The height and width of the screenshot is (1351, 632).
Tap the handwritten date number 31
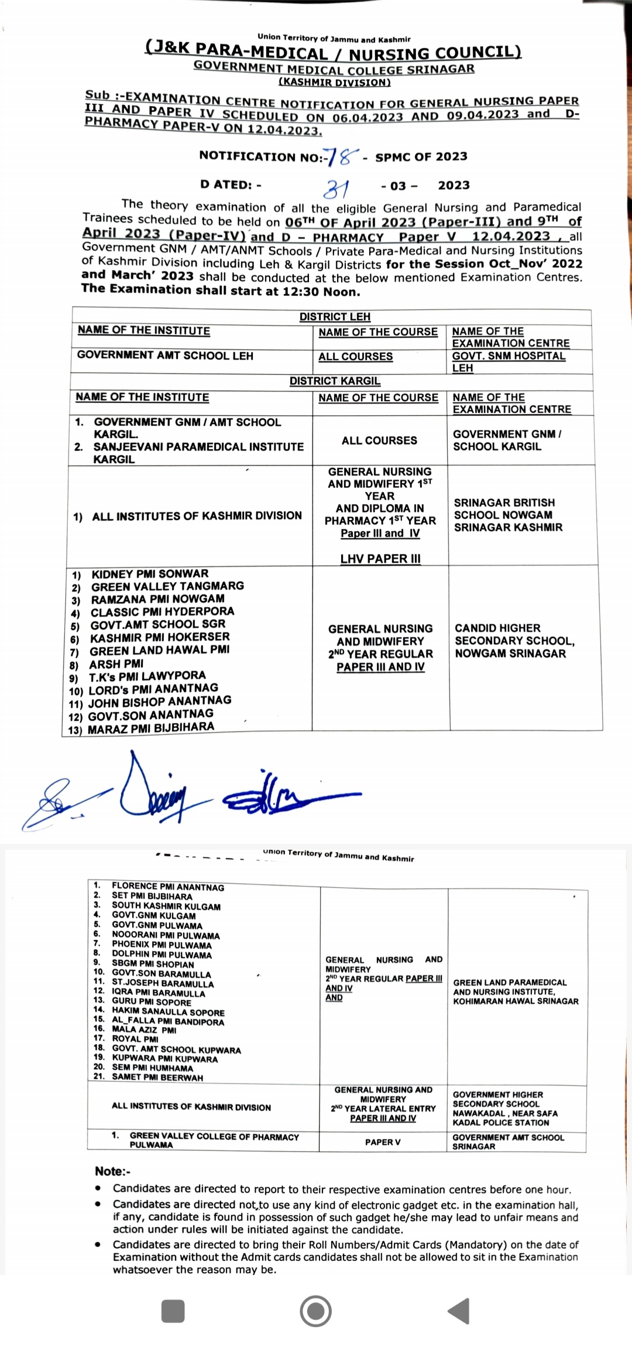pos(338,189)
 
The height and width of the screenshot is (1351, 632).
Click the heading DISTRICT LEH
pos(335,317)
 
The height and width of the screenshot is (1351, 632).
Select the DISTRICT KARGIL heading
pos(335,381)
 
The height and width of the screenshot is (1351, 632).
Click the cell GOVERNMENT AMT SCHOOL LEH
pos(165,355)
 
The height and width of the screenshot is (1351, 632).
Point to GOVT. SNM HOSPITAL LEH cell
pos(508,361)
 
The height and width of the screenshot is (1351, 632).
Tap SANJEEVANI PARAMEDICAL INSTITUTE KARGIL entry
pos(198,453)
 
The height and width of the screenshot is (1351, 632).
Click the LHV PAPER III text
pos(380,559)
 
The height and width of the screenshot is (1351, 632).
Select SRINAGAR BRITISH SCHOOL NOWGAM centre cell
pos(507,515)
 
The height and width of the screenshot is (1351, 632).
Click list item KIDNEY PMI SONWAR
pos(150,574)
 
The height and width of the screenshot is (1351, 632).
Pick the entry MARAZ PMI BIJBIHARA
pos(150,728)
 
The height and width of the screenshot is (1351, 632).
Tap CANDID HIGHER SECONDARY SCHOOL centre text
pos(514,641)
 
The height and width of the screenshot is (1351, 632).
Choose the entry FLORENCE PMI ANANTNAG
pos(167,887)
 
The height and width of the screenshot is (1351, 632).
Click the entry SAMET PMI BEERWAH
pos(157,1077)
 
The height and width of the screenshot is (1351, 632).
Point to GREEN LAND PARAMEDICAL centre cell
pos(515,991)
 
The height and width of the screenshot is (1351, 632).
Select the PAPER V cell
pos(383,1141)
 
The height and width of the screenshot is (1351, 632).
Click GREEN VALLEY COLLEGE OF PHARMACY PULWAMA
pos(214,1140)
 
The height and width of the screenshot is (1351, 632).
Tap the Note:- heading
pos(112,1171)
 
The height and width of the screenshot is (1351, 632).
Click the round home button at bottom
pos(315,1311)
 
